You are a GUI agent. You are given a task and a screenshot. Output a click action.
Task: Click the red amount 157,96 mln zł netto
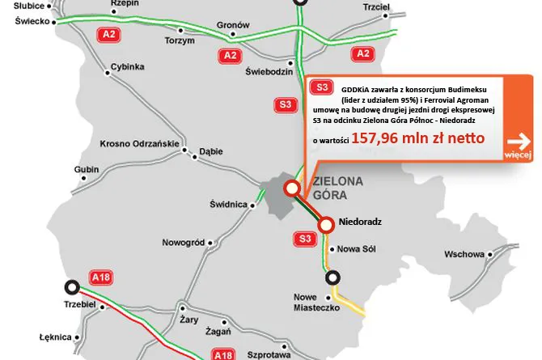click(417, 138)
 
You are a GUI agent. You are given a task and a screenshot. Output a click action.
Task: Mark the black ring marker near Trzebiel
click(72, 286)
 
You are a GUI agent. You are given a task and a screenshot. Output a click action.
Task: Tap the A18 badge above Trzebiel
click(100, 277)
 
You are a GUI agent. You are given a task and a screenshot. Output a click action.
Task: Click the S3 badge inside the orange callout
click(320, 87)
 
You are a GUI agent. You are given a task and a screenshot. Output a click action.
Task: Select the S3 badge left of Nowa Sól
click(304, 239)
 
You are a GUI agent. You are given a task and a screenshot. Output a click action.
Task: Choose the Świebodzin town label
click(268, 71)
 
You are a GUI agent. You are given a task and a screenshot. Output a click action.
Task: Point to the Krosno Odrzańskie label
click(138, 144)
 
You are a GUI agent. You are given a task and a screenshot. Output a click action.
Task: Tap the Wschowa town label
click(464, 253)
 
